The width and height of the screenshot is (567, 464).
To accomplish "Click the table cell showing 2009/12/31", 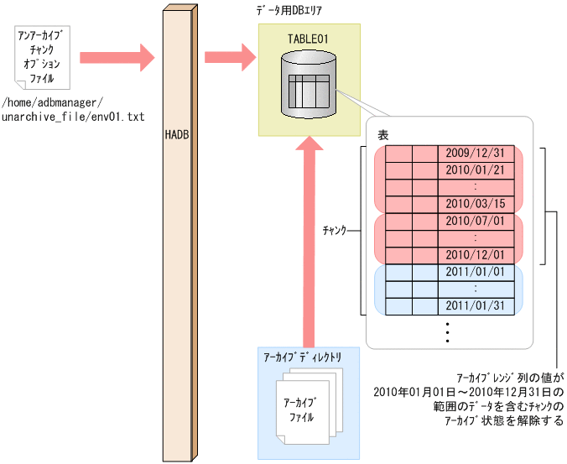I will pos(475,153).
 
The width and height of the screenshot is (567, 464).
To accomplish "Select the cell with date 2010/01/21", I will pos(475,170).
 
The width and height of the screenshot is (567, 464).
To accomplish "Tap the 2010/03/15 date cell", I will pos(475,204).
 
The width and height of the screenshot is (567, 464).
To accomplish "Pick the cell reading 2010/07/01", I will pos(475,221).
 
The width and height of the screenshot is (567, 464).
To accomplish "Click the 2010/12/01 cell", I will pos(475,254).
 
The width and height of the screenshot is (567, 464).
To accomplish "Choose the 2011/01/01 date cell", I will pos(475,272).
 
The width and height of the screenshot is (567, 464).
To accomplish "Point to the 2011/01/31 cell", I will pos(475,305).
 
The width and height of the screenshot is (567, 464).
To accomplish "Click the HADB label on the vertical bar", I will pos(177,133).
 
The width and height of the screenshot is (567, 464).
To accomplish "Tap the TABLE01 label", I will pos(310,38).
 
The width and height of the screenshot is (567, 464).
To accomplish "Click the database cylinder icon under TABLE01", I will pos(310,85).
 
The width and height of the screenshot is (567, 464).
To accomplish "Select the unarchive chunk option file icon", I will pos(43,57).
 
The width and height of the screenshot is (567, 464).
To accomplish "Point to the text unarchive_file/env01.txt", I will pos(73,117).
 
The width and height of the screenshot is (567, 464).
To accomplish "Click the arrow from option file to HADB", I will pos(117,57).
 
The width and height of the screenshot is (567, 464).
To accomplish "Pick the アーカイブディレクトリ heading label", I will pos(303,356).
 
